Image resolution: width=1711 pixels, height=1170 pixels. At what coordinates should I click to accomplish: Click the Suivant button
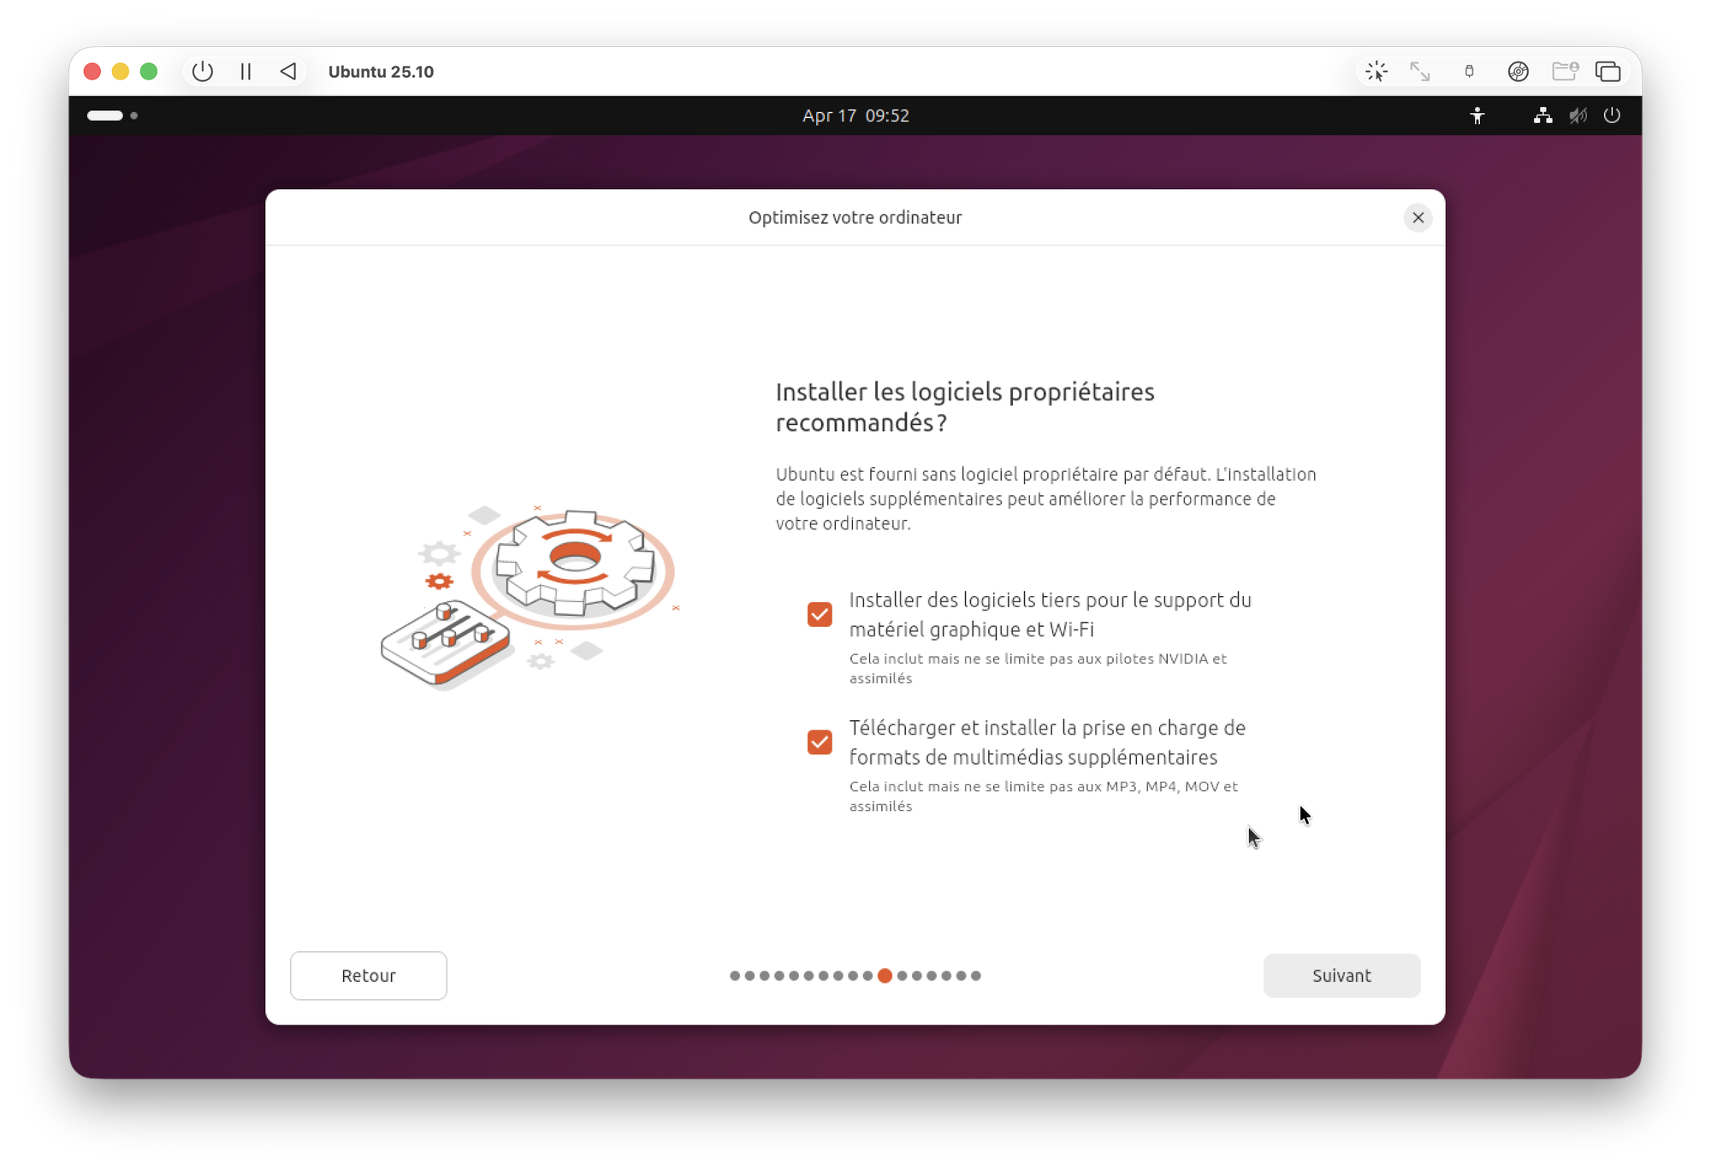[1341, 975]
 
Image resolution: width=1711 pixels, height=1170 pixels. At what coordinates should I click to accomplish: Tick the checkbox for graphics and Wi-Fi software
[820, 614]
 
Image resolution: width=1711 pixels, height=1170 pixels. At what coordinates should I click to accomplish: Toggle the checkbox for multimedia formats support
[820, 742]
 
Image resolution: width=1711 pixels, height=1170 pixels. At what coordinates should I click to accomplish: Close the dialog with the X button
[1418, 217]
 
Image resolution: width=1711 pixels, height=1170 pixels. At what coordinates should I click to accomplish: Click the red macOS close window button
[92, 71]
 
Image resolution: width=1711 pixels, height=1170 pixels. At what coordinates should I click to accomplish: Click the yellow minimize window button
[121, 71]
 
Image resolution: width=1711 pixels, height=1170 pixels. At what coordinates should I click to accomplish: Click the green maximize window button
[149, 71]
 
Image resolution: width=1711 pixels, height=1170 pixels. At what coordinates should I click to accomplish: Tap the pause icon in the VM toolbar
[246, 71]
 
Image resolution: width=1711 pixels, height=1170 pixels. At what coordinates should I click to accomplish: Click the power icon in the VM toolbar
[203, 71]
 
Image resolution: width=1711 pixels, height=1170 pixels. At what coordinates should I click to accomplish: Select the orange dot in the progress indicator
[885, 975]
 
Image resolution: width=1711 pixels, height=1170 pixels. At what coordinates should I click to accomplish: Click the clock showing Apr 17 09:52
[855, 115]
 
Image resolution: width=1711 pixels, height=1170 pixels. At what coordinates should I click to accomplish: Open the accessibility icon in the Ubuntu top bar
[1477, 115]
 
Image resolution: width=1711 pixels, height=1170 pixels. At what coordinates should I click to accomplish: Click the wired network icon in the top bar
[1542, 115]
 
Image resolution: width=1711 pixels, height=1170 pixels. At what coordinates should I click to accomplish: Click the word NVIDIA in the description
[1183, 659]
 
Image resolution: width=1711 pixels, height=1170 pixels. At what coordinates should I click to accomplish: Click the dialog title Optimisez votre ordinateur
[855, 217]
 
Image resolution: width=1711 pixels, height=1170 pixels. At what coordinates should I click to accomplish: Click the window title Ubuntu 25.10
[381, 72]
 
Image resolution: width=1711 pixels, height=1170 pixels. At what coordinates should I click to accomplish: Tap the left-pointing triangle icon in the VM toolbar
[288, 71]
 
